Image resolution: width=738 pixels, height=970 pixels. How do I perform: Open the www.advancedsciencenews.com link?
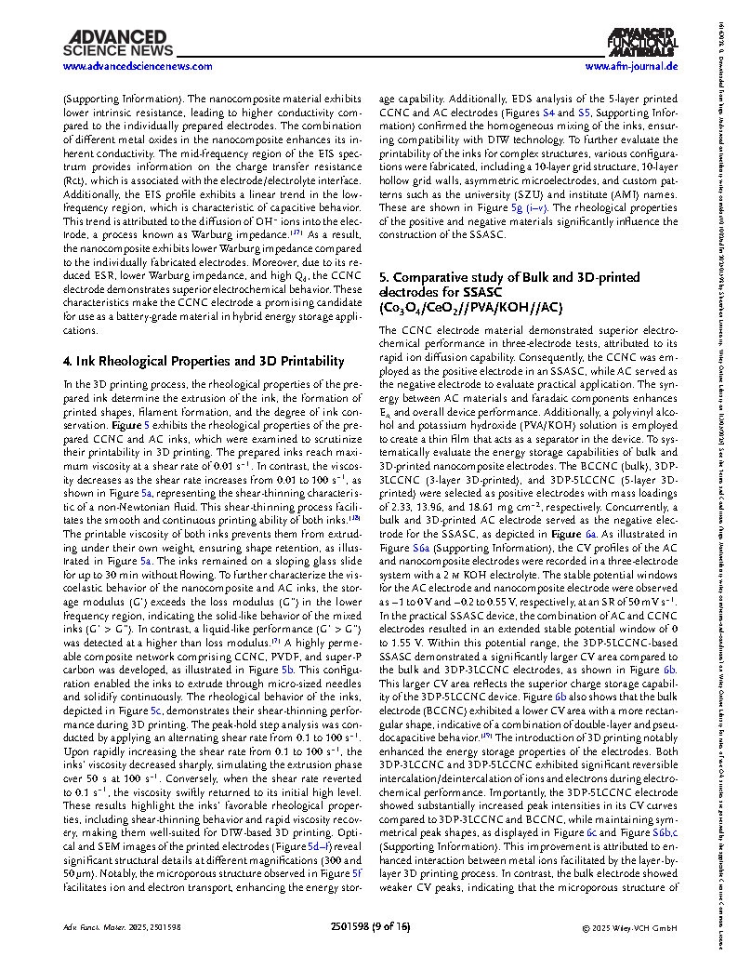coord(137,66)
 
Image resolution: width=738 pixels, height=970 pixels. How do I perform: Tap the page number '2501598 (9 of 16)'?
coord(369,927)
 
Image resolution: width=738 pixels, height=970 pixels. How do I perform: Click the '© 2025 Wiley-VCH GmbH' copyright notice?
coord(627,927)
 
